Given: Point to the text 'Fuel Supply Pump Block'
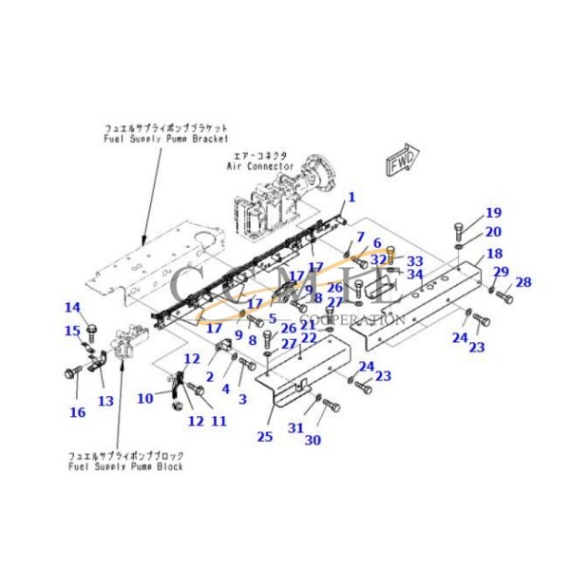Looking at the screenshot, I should click(x=125, y=466).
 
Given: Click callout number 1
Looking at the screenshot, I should click(x=351, y=198).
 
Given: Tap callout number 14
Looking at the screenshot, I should click(x=72, y=307).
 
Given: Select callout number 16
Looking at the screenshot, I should click(x=77, y=412).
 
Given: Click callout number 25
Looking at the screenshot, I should click(x=264, y=436).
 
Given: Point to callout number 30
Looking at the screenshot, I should click(x=313, y=440).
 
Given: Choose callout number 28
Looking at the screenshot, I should click(x=523, y=282).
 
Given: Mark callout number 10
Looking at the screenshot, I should click(x=144, y=397).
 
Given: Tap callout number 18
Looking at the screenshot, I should click(x=495, y=254).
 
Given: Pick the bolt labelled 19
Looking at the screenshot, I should click(x=459, y=230).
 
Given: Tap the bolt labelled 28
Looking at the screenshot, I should click(x=503, y=298).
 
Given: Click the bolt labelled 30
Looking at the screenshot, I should click(x=331, y=407).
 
